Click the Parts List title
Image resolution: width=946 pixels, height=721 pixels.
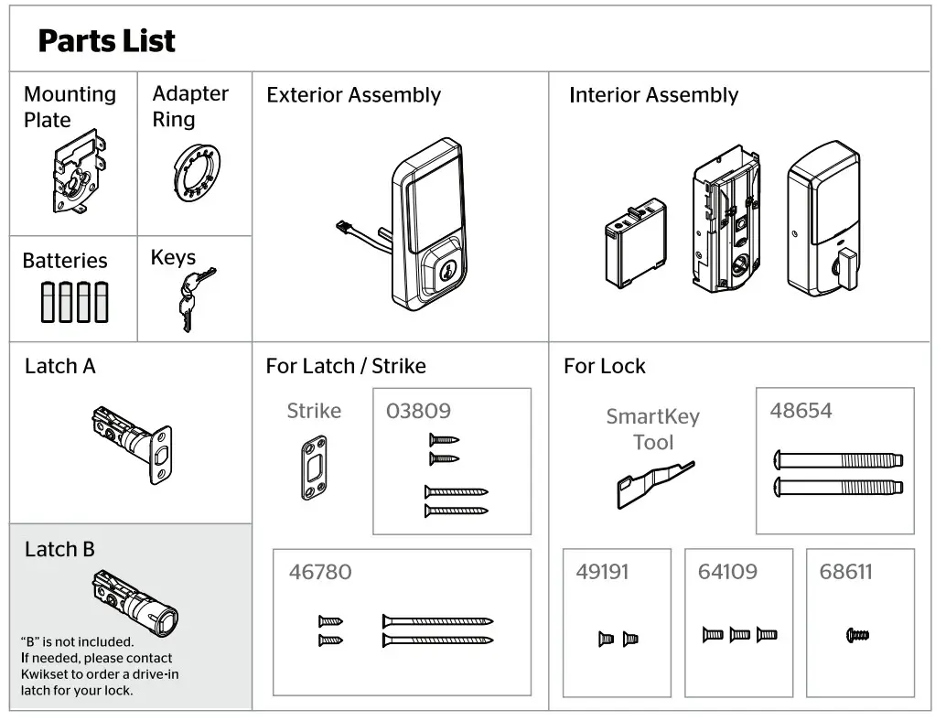pos(106,41)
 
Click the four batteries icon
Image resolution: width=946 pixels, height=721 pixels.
pos(74,302)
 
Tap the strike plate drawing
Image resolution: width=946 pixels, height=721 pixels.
pos(313,467)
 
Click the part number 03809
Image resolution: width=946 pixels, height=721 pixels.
pos(418,411)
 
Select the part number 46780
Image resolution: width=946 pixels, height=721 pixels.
pos(320,573)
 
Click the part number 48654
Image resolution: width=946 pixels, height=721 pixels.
pos(801,411)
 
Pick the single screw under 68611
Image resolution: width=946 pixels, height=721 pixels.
pos(857,634)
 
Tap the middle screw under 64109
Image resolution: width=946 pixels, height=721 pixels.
pos(740,634)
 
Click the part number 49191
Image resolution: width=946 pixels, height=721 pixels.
pos(603,573)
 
